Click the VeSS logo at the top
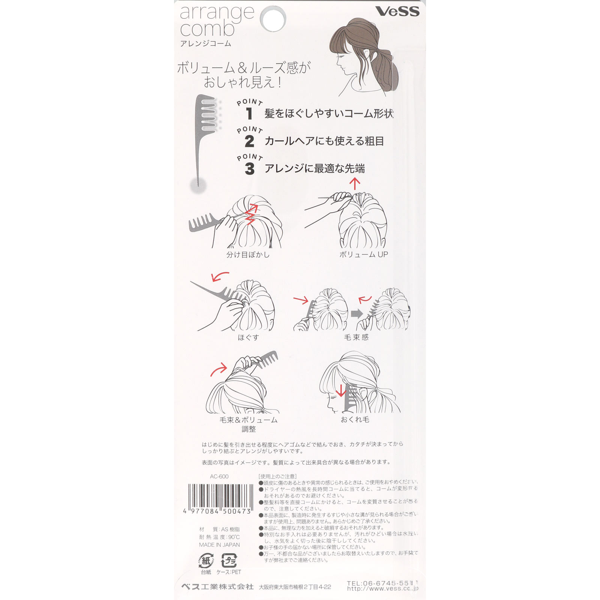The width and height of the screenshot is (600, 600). (x=397, y=11)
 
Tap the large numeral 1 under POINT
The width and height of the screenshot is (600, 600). (x=249, y=113)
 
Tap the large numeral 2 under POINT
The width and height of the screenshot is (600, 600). (x=249, y=141)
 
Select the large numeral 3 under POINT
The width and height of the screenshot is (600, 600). (x=249, y=169)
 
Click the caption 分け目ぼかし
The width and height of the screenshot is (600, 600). (x=248, y=255)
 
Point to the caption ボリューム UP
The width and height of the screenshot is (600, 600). (x=363, y=254)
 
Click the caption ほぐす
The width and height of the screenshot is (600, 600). (x=248, y=337)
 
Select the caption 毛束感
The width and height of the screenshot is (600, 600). (x=356, y=337)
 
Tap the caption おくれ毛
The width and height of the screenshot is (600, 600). (x=355, y=420)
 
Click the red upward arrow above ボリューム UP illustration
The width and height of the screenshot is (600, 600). (x=354, y=184)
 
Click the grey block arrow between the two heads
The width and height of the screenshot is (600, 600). (x=357, y=313)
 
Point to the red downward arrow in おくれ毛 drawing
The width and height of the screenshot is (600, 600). (x=341, y=390)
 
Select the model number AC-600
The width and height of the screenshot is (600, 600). (x=219, y=477)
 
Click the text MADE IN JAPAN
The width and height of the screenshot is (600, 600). (x=219, y=545)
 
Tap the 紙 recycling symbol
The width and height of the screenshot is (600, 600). (x=206, y=561)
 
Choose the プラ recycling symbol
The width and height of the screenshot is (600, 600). (x=229, y=561)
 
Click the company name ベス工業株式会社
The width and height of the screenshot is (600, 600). (x=217, y=587)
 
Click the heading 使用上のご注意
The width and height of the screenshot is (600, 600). (x=277, y=477)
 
